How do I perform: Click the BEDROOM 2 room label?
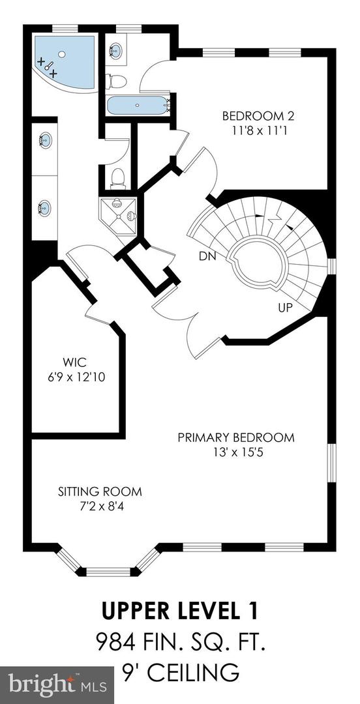point(258,117)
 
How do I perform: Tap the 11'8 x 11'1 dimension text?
point(258,130)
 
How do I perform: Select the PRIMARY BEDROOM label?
point(236,437)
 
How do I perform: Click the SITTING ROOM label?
point(100,491)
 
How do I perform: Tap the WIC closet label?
point(75,362)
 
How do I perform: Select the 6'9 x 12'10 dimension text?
point(76,377)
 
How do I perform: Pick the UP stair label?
point(286,308)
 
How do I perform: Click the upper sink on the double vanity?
point(45,141)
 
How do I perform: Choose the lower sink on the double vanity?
point(45,207)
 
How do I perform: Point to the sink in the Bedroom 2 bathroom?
point(115,50)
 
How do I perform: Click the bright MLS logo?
point(57,685)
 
